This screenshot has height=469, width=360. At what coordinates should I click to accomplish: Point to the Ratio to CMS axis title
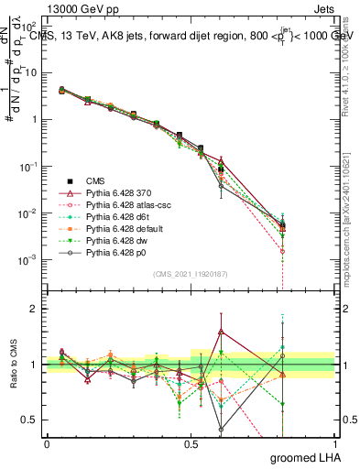[x=12, y=365]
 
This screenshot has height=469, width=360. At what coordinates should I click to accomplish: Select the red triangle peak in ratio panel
[x=221, y=332]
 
